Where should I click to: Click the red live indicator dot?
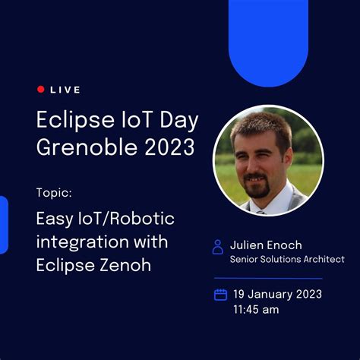click(40, 90)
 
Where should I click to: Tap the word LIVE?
click(65, 90)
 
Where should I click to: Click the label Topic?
click(54, 191)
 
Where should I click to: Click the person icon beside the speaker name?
click(218, 247)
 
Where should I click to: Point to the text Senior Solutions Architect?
click(287, 260)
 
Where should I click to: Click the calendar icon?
click(220, 295)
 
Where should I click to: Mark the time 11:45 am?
click(256, 309)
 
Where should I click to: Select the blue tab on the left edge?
click(3, 225)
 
